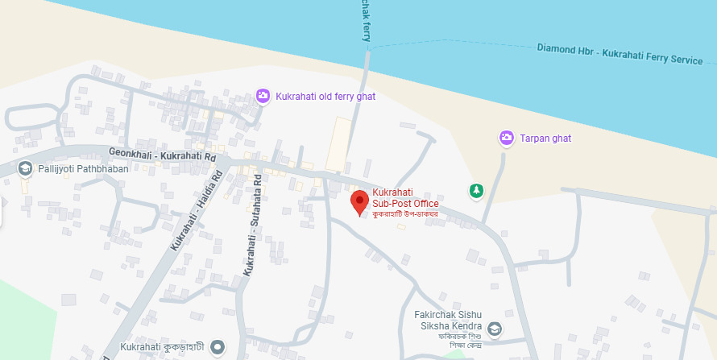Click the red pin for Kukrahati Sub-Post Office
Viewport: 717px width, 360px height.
click(x=360, y=202)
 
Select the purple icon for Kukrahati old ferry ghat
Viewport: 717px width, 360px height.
click(x=263, y=97)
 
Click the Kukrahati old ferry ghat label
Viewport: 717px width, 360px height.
click(x=325, y=97)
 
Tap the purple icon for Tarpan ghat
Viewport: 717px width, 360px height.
click(x=506, y=139)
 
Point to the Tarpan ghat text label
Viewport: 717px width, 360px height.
click(x=545, y=139)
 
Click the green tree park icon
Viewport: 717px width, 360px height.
click(x=476, y=191)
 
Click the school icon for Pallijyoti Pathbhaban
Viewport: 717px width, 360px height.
click(x=25, y=168)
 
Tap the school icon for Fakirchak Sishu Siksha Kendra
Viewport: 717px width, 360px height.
click(x=494, y=329)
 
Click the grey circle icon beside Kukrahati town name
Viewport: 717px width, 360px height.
click(x=216, y=348)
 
